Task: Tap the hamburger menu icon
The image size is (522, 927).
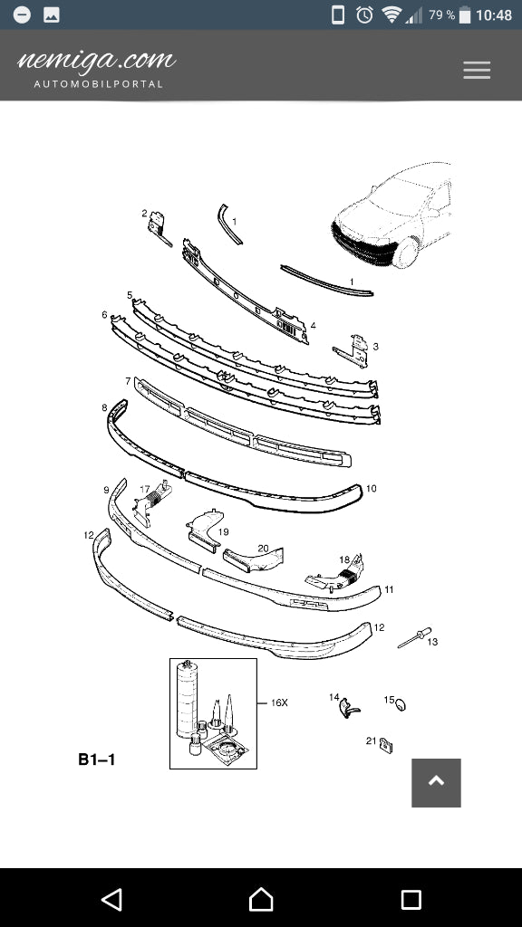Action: coord(477,70)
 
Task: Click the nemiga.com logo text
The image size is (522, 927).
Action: coord(97,61)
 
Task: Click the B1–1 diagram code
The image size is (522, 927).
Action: coord(96,760)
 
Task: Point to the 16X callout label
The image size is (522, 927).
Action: coord(279,702)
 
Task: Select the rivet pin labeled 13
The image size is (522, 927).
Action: coord(414,637)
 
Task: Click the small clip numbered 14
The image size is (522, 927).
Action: coord(349,708)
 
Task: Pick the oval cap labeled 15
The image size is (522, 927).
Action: coord(401,704)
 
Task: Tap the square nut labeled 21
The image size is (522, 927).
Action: coord(387,746)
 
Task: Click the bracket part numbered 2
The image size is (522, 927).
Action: coord(159,228)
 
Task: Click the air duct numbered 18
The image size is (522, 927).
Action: coord(335,573)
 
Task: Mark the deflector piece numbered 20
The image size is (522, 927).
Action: coord(254,559)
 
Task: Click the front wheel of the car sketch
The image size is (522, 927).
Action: coord(407,252)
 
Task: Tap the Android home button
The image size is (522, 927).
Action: coord(261,900)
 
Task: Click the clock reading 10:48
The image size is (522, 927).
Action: coord(494,15)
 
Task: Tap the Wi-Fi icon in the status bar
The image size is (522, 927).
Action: coord(391,14)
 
